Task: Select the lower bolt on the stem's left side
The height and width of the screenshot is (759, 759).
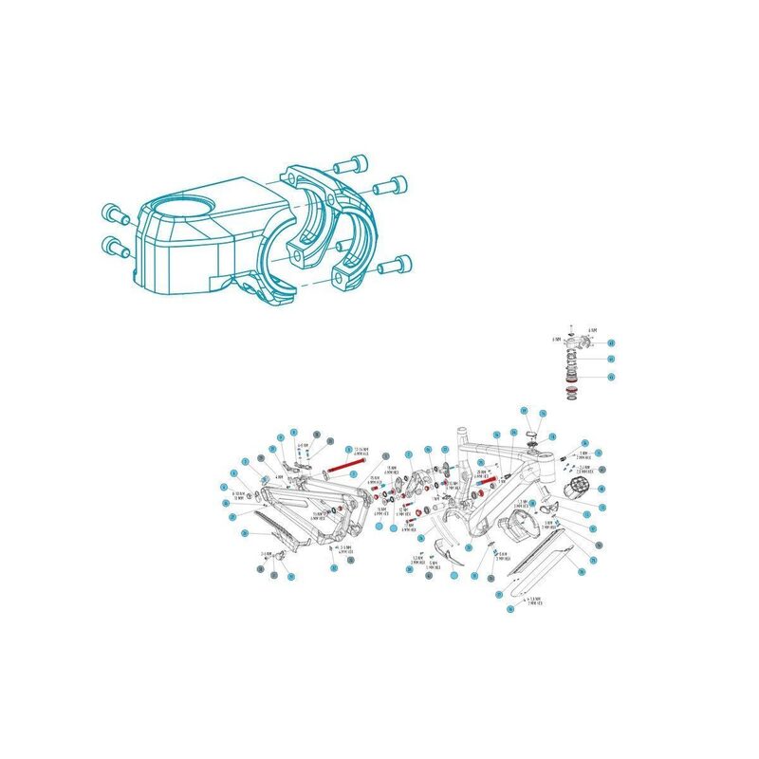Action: pyautogui.click(x=116, y=249)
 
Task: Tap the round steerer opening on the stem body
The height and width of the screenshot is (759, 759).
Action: pyautogui.click(x=179, y=205)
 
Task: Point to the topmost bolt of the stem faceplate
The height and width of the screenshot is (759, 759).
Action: pyautogui.click(x=353, y=163)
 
